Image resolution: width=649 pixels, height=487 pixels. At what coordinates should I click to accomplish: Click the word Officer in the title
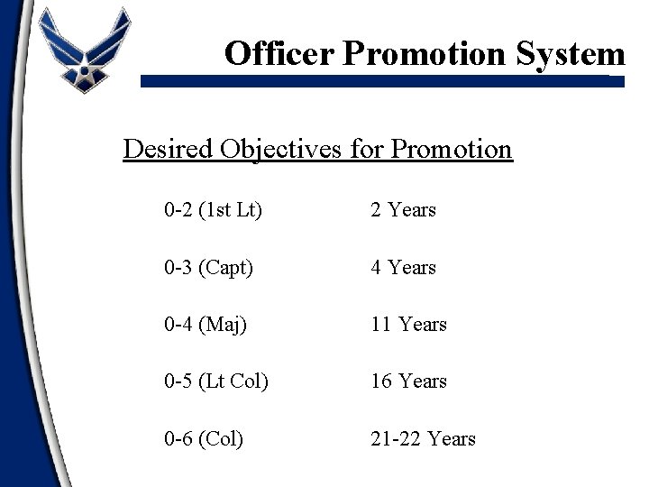279,54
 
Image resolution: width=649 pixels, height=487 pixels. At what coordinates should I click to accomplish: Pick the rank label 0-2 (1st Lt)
213,210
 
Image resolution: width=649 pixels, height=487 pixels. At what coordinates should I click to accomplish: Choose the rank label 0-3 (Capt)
209,268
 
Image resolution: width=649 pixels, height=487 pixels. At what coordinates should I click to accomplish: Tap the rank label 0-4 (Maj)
205,324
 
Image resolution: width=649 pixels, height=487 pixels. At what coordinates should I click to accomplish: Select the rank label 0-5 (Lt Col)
216,381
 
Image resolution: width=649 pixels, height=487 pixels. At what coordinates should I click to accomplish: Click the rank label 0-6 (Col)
204,439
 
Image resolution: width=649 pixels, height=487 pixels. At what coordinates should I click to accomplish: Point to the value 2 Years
403,210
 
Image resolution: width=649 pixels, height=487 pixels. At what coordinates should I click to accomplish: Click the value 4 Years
403,268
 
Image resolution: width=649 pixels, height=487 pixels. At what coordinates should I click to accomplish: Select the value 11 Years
408,324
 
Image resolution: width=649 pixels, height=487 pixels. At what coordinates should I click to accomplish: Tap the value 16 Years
408,381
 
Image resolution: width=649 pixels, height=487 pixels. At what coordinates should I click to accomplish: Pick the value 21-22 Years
423,439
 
